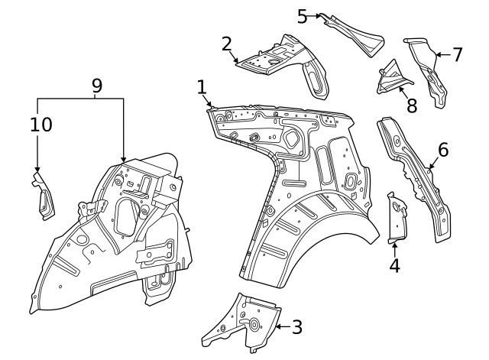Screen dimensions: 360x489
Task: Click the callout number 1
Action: pyautogui.click(x=202, y=88)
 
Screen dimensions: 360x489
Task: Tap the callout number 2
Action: pyautogui.click(x=227, y=43)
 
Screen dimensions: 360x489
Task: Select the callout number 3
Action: pyautogui.click(x=296, y=327)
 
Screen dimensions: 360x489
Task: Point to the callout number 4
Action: pyautogui.click(x=394, y=266)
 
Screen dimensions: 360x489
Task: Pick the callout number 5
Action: pyautogui.click(x=303, y=15)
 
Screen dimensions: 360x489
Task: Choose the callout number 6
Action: pyautogui.click(x=442, y=150)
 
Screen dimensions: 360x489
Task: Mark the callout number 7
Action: pyautogui.click(x=457, y=54)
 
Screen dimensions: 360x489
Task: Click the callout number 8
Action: pyautogui.click(x=412, y=105)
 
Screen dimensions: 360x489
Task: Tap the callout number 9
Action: pyautogui.click(x=96, y=86)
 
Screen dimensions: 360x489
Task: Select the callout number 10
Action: pyautogui.click(x=42, y=124)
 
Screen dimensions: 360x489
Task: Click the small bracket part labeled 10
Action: pyautogui.click(x=43, y=197)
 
